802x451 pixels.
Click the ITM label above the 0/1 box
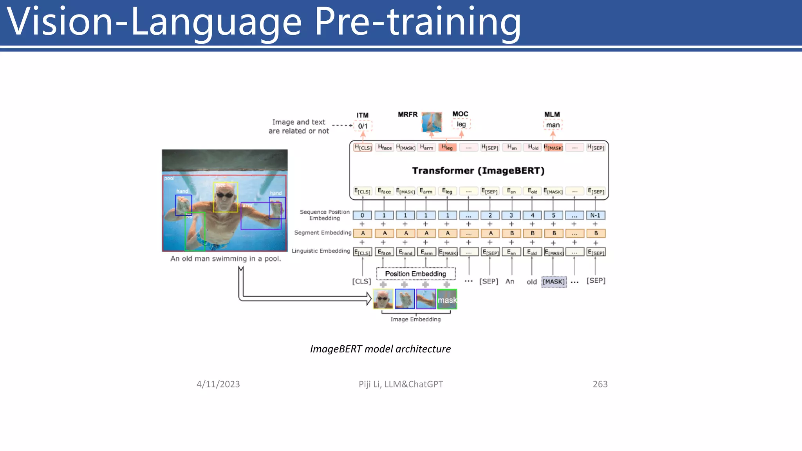(x=362, y=115)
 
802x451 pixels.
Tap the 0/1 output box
(x=363, y=126)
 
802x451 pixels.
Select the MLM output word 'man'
(x=553, y=125)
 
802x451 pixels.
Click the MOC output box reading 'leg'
(x=461, y=124)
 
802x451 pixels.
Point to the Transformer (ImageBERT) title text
(x=478, y=171)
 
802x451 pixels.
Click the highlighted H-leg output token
(x=447, y=148)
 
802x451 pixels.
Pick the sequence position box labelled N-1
(x=595, y=215)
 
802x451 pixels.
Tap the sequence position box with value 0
(x=362, y=215)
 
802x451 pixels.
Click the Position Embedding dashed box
(x=415, y=274)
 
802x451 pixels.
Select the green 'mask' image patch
(x=447, y=299)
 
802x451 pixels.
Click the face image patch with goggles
(x=383, y=299)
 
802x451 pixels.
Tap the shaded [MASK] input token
(x=553, y=281)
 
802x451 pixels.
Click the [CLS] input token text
(x=361, y=281)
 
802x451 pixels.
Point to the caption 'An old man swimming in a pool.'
(x=226, y=259)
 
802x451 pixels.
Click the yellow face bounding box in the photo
(x=225, y=197)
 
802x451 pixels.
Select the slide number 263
(x=600, y=384)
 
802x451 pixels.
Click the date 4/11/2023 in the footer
(x=218, y=384)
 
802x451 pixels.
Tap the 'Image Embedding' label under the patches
(x=415, y=319)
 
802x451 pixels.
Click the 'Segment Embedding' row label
(x=323, y=233)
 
